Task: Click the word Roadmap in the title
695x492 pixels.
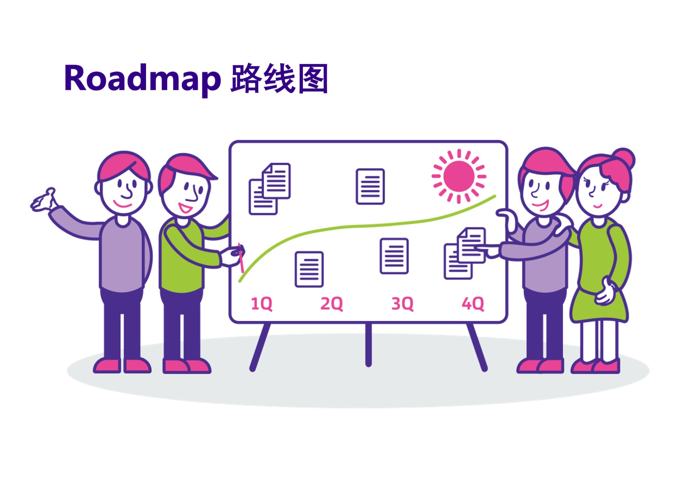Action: point(142,79)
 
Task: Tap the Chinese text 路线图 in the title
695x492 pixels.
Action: point(279,79)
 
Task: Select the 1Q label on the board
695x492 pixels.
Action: point(262,303)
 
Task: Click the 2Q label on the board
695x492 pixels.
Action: point(331,303)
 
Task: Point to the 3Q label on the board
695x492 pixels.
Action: point(402,303)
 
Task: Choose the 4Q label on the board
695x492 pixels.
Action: point(473,303)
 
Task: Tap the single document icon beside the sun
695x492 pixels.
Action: point(370,186)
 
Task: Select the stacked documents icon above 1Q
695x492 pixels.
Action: point(270,189)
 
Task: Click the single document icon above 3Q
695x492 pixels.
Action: point(394,256)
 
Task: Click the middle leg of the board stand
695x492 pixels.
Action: point(368,344)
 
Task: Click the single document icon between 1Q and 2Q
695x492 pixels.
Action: point(309,269)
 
